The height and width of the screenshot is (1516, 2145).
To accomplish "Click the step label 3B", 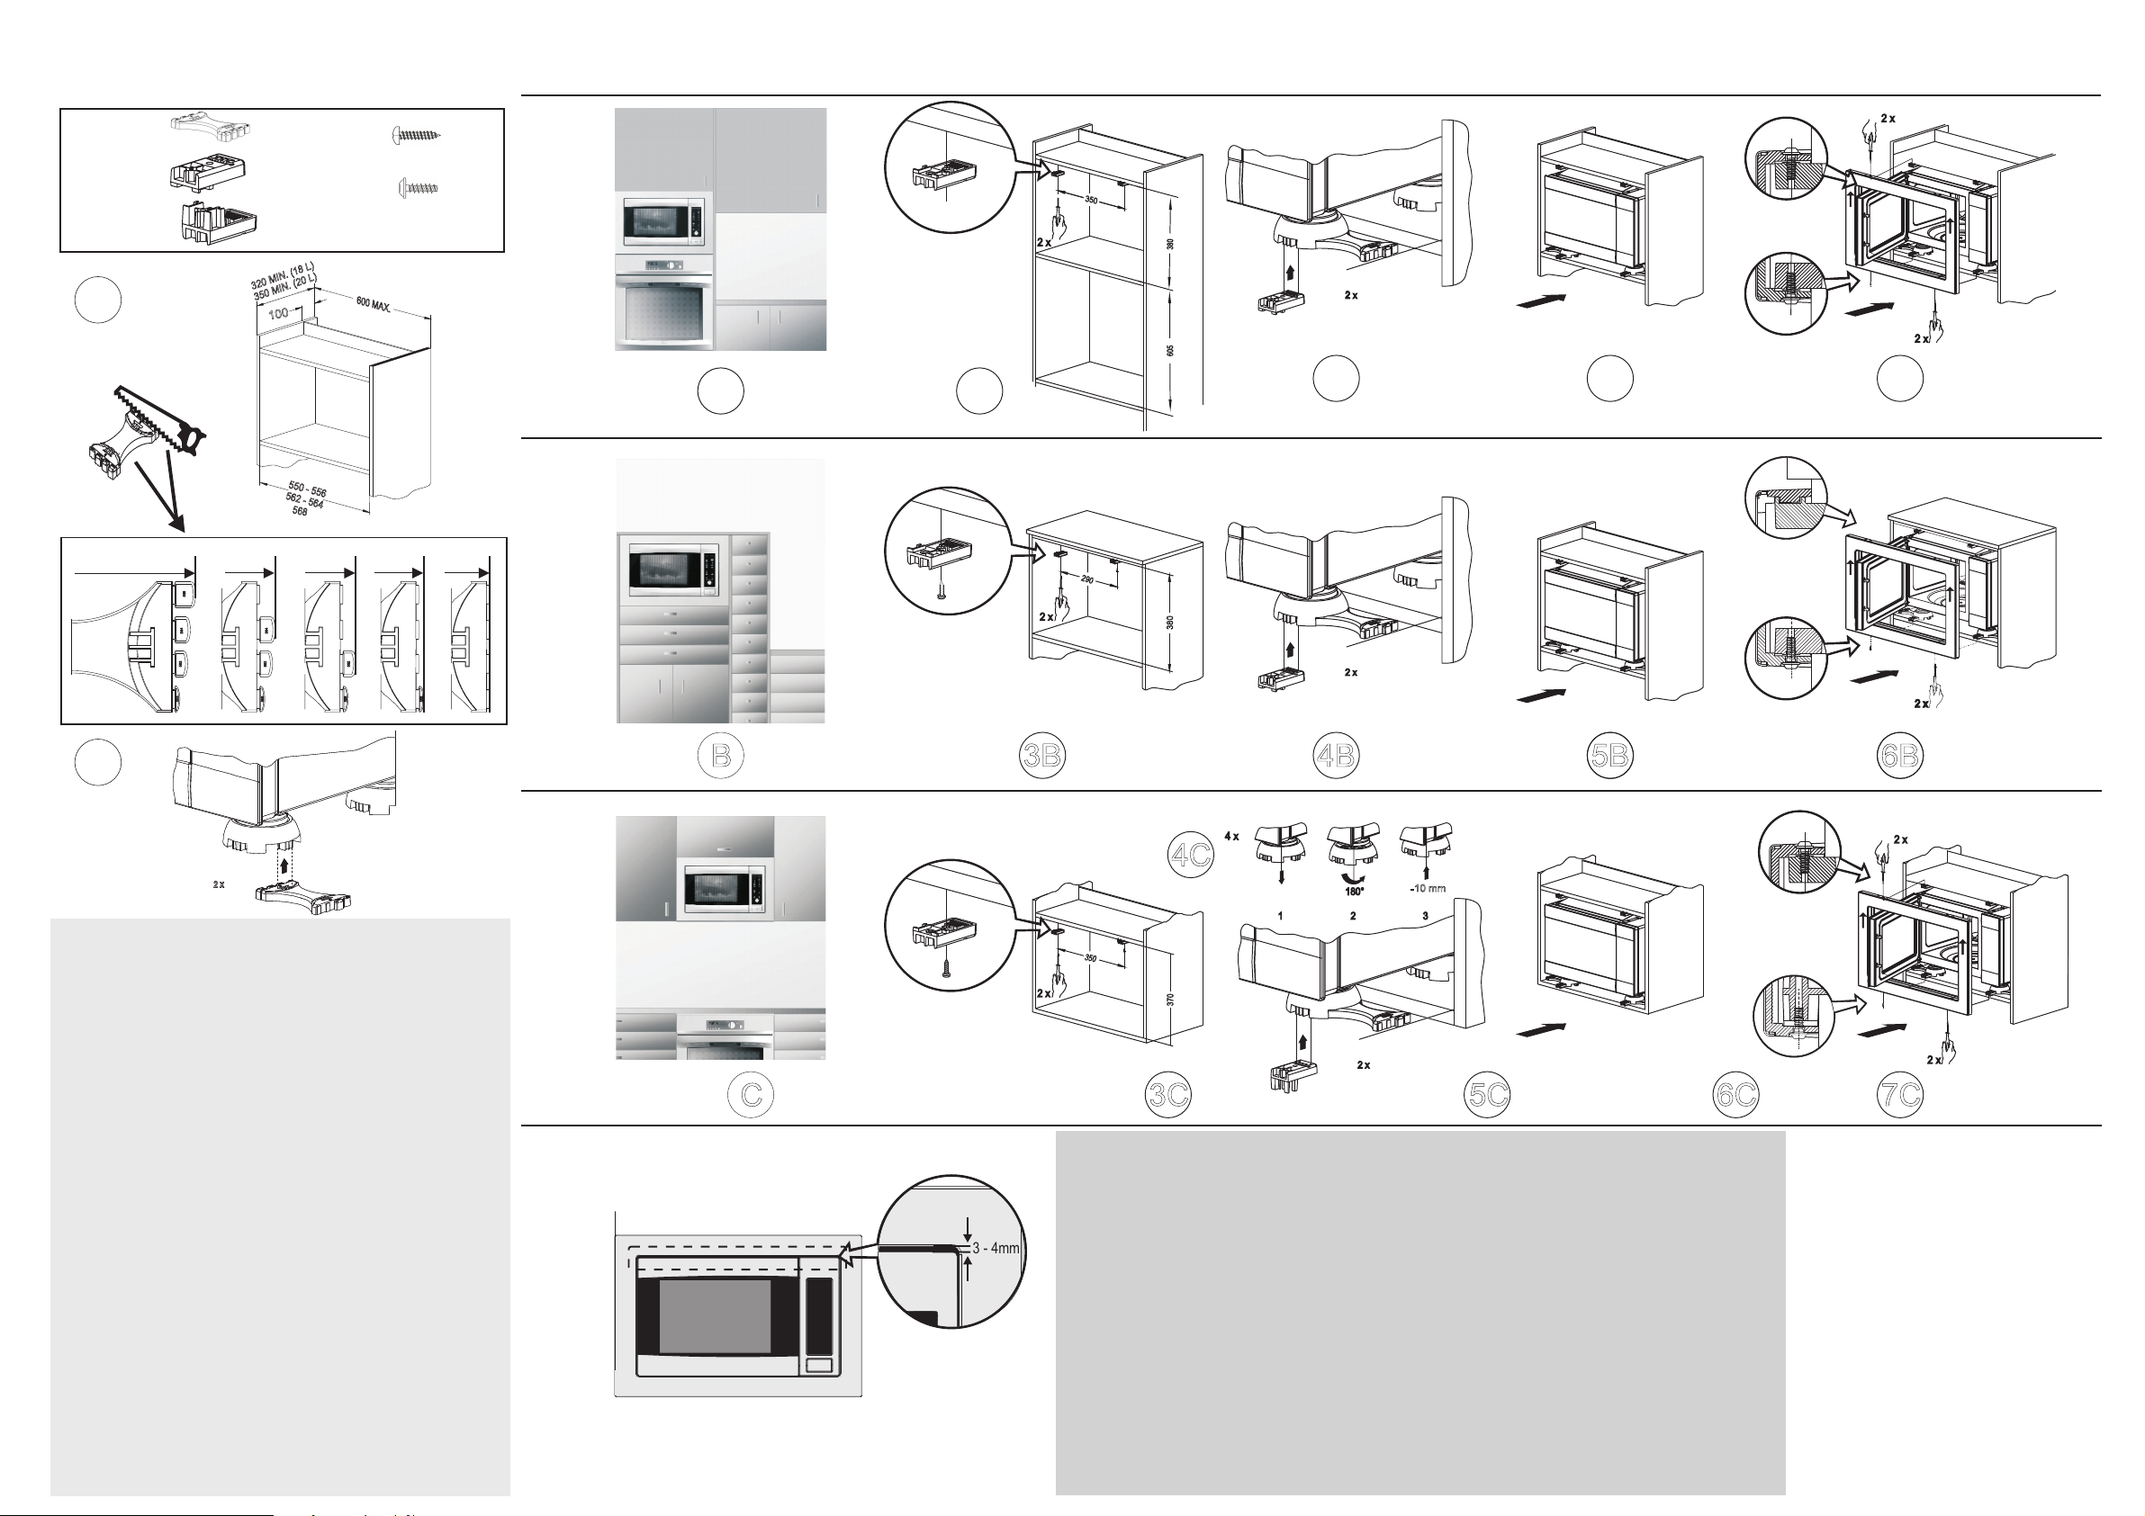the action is (x=1041, y=756).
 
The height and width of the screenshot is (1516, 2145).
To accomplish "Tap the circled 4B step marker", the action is (x=1336, y=756).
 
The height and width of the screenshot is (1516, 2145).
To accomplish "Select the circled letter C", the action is (x=751, y=1095).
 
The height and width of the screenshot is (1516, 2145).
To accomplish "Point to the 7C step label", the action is (x=1900, y=1095).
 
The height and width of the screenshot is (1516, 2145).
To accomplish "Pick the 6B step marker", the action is (x=1900, y=756).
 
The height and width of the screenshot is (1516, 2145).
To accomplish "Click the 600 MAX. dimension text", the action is (x=374, y=305).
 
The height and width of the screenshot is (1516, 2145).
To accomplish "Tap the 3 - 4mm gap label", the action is (x=996, y=1248).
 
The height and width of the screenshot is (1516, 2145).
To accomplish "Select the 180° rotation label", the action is (x=1355, y=891).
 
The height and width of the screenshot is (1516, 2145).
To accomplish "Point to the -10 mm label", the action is (x=1428, y=888).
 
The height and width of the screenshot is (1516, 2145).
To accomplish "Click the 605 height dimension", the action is (x=1170, y=350).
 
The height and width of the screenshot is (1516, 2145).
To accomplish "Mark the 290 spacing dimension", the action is (x=1087, y=580).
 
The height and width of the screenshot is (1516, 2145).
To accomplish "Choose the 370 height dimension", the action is (x=1170, y=1000).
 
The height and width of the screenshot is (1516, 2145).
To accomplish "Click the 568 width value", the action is (x=300, y=512).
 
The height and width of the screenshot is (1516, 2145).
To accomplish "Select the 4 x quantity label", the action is (x=1232, y=836).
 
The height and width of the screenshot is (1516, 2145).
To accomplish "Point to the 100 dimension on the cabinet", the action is (x=278, y=314).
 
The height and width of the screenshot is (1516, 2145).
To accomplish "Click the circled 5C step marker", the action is (x=1488, y=1095).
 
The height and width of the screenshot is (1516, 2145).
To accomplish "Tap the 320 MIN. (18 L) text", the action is (x=282, y=275).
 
